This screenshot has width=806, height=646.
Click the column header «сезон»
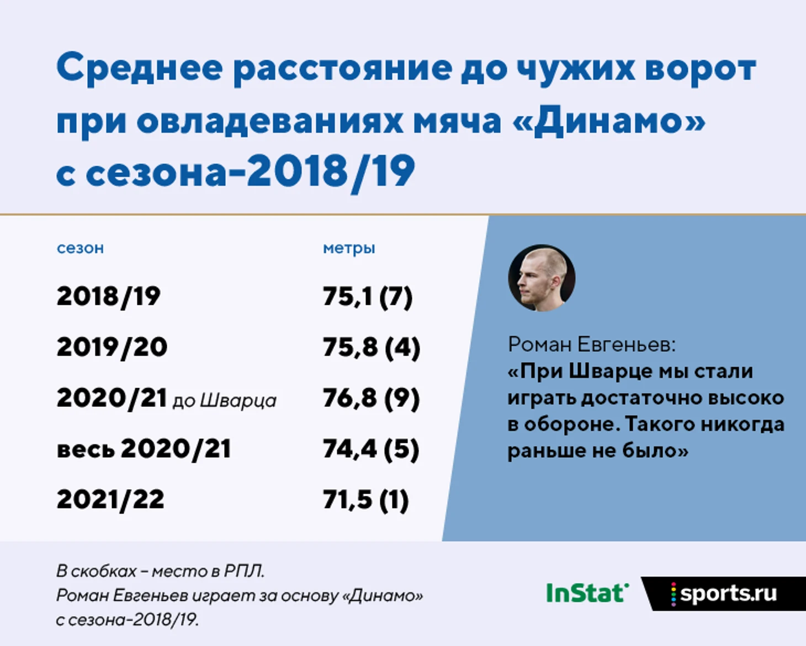click(x=80, y=248)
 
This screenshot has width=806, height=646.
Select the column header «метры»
click(x=349, y=248)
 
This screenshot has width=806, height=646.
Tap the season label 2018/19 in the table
click(x=109, y=296)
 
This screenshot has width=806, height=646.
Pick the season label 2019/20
click(x=112, y=347)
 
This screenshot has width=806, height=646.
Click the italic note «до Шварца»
click(x=224, y=401)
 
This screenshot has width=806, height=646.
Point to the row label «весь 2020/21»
click(x=144, y=449)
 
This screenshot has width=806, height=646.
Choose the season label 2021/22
click(x=110, y=500)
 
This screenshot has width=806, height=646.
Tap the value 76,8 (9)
click(x=371, y=399)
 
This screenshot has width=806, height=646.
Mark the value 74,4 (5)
click(x=371, y=449)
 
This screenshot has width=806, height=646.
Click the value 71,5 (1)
click(x=365, y=500)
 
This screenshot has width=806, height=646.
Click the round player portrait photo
click(x=542, y=278)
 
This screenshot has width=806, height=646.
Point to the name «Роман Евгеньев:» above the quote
click(x=592, y=345)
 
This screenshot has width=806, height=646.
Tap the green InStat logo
click(x=587, y=593)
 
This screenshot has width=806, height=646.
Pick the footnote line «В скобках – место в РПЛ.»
click(x=160, y=571)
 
